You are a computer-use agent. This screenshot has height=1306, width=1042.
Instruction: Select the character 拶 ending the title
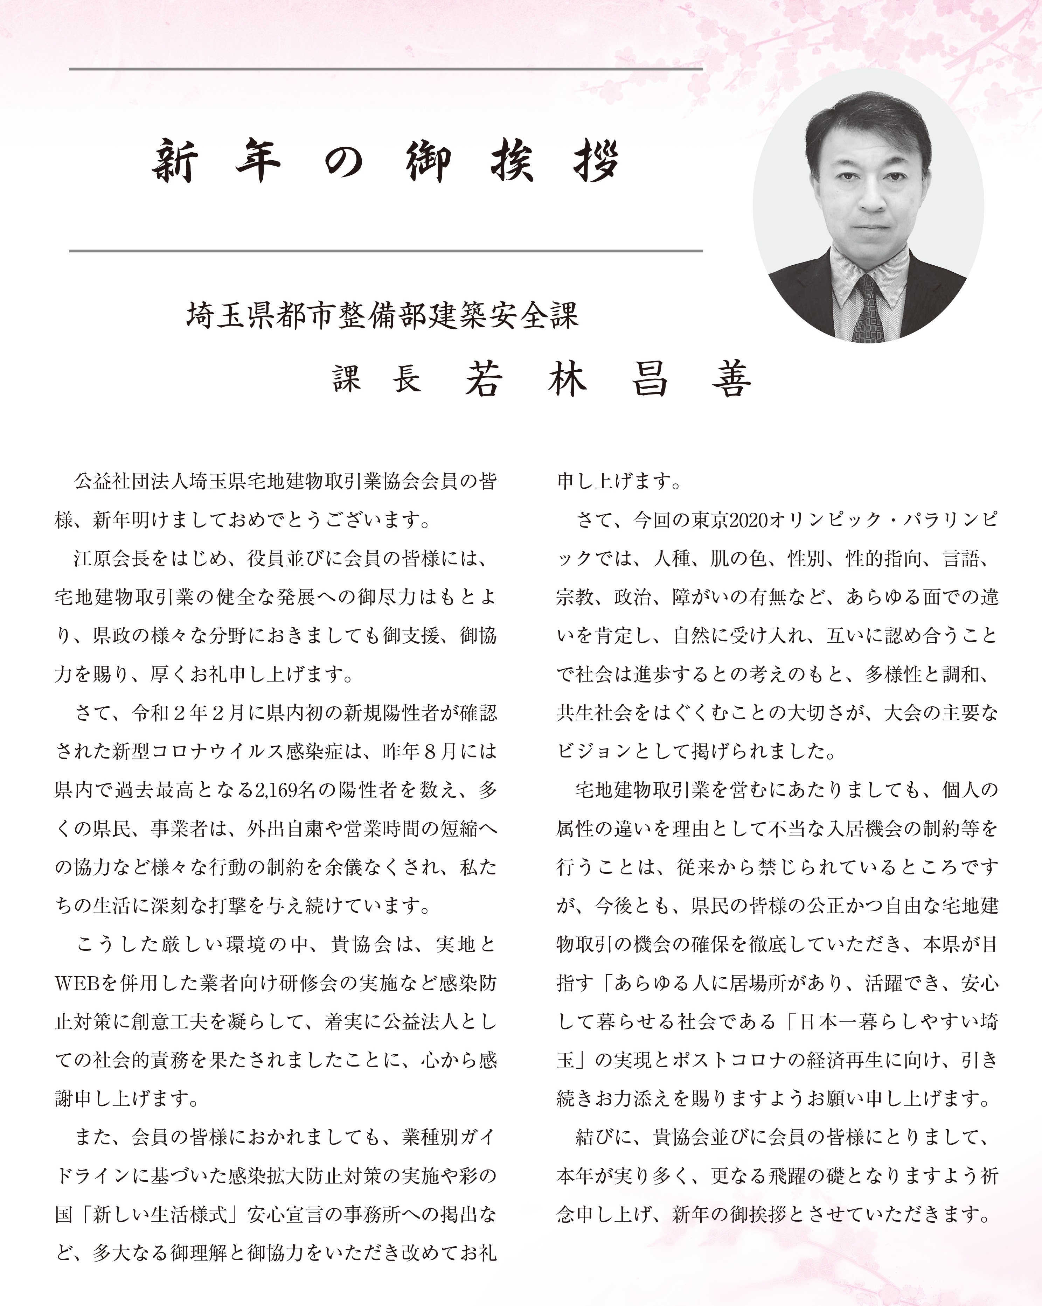click(x=596, y=161)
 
